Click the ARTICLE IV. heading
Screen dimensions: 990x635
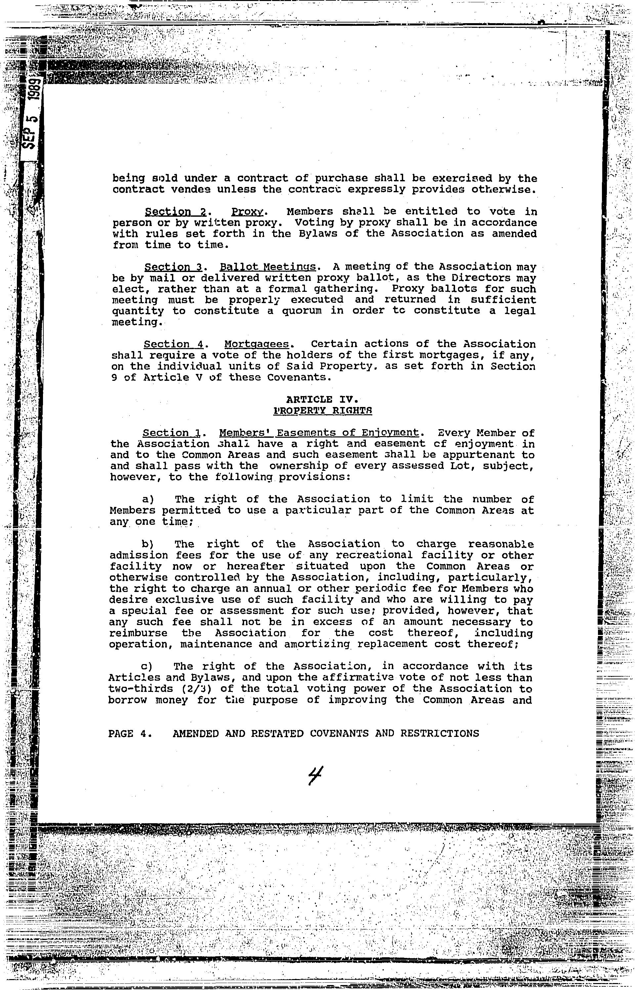[x=321, y=399]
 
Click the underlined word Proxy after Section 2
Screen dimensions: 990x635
[x=247, y=212]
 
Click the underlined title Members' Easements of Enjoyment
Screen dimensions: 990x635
[x=319, y=433]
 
